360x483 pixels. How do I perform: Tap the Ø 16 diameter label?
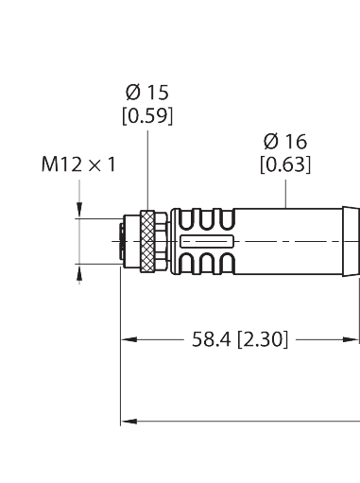285,143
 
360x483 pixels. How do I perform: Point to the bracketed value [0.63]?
285,166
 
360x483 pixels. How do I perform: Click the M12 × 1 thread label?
78,165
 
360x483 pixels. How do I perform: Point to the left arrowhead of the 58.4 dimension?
127,337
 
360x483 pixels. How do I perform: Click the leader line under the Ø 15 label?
148,170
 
